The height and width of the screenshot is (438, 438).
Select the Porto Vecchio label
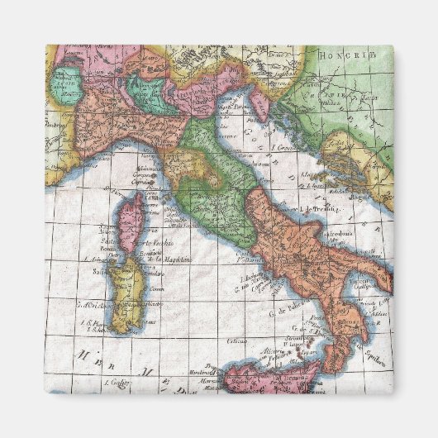pyautogui.click(x=155, y=243)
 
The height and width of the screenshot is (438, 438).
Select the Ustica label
pyautogui.click(x=237, y=340)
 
